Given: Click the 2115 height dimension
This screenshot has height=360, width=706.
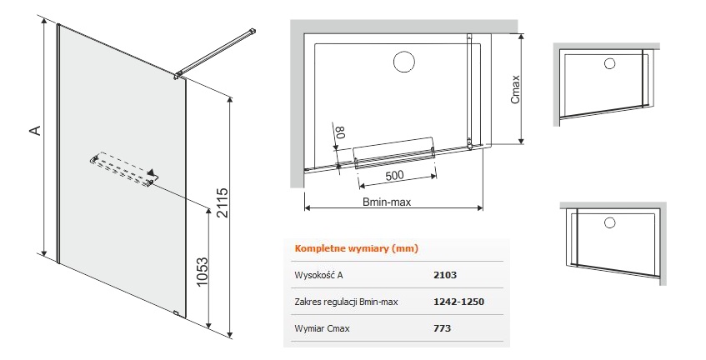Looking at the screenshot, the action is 223,203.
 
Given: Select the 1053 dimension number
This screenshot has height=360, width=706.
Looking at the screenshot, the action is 203,272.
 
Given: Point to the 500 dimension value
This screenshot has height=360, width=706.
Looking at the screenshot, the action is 394,175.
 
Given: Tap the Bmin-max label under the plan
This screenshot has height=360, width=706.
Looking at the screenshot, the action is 387,202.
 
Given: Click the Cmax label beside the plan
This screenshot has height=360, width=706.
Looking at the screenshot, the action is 516,89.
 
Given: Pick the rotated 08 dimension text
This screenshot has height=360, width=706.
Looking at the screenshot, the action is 341,131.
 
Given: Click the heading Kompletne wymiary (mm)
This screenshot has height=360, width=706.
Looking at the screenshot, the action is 356,248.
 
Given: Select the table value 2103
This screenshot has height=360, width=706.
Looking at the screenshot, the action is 444,275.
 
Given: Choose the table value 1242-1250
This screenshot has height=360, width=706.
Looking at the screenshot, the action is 458,302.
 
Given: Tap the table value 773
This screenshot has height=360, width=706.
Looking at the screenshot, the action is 442,328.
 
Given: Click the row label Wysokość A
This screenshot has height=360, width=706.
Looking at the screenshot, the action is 318,275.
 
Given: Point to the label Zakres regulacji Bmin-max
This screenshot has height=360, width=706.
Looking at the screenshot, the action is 346,302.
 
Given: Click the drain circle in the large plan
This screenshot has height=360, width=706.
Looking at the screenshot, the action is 404,62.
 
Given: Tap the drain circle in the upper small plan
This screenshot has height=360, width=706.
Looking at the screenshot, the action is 609,63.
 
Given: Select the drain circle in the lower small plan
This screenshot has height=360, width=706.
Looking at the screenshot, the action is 609,222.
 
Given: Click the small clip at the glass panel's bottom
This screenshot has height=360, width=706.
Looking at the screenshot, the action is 176,313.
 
